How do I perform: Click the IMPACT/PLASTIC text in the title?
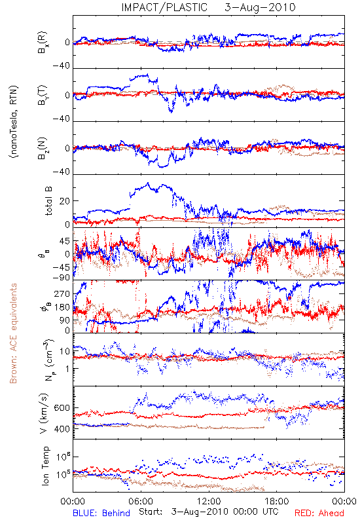tap(164, 7)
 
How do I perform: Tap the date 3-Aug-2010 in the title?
tap(260, 7)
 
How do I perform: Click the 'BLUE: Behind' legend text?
tap(101, 513)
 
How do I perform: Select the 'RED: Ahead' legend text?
tap(319, 513)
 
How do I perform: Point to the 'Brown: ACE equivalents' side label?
tap(13, 333)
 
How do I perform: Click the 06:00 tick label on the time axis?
tap(141, 501)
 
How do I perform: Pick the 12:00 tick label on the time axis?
tap(209, 501)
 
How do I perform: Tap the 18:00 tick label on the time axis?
tap(277, 501)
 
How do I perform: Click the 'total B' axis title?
tap(48, 201)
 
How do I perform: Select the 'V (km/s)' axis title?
tap(44, 413)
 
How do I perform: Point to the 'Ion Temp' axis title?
tap(45, 466)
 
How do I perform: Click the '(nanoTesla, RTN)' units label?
tap(14, 122)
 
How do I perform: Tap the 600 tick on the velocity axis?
tap(62, 408)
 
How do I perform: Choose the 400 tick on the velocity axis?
tap(62, 429)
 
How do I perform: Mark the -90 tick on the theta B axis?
tap(61, 277)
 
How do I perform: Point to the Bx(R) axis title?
tap(43, 43)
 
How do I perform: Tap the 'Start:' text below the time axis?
tap(151, 512)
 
